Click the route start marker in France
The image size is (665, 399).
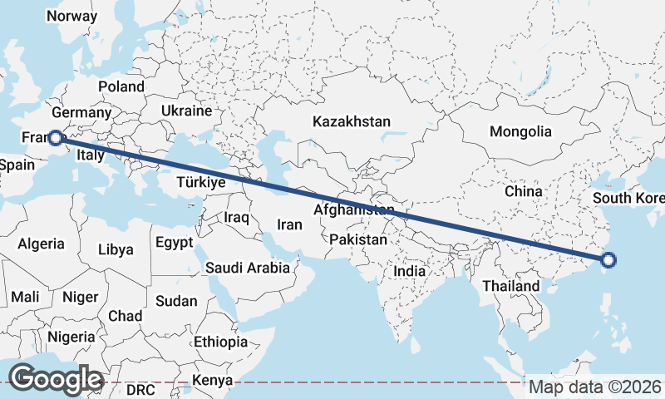(x=55, y=138)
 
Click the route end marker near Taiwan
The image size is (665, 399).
(x=608, y=260)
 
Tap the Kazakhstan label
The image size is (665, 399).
(x=352, y=121)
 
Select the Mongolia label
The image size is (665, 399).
(x=520, y=131)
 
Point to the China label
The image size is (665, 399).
(x=523, y=191)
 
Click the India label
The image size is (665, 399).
(x=409, y=271)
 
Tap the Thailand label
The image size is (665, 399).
(x=510, y=286)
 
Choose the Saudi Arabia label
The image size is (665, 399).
(x=248, y=268)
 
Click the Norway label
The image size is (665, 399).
(x=72, y=16)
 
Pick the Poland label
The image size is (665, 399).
(x=121, y=86)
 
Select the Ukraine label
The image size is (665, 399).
(x=187, y=111)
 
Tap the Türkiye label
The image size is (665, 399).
(x=202, y=182)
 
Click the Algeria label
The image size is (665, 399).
(x=41, y=244)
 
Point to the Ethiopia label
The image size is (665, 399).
(x=220, y=342)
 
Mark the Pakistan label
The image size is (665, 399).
(x=358, y=239)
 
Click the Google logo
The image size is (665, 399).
(x=56, y=378)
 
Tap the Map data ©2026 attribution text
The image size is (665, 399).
(x=595, y=387)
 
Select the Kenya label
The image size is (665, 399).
(x=212, y=382)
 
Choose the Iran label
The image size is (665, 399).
(x=289, y=224)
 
